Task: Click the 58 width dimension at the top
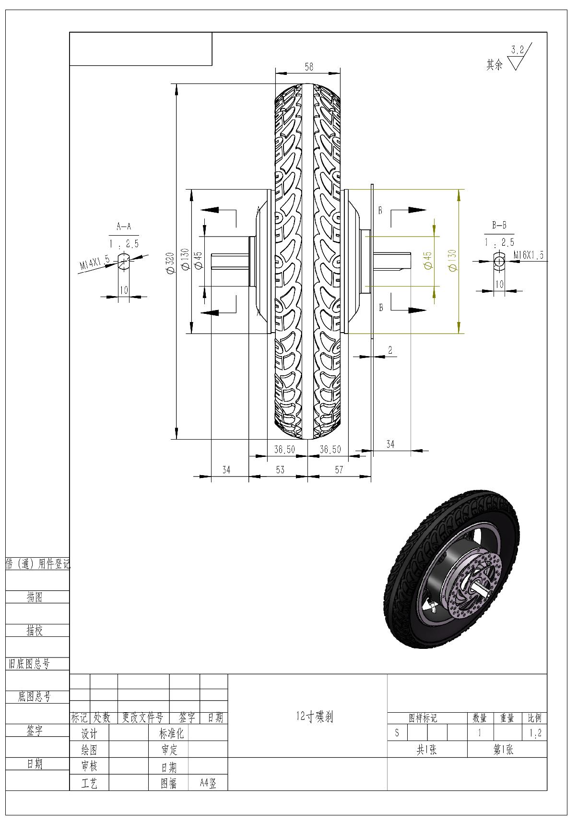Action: [x=308, y=67]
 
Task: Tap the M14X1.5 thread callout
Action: [x=95, y=264]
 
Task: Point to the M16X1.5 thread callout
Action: [x=529, y=255]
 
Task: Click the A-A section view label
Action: [x=124, y=227]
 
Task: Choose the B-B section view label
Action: [x=499, y=225]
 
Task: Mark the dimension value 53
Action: [x=280, y=469]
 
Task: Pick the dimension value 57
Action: [x=339, y=469]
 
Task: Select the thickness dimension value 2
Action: [x=390, y=350]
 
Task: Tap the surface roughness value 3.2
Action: [x=518, y=49]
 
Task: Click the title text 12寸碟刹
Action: [x=315, y=717]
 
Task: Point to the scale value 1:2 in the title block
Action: [x=535, y=733]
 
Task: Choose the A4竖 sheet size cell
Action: [x=208, y=784]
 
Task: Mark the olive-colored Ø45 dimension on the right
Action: [x=428, y=260]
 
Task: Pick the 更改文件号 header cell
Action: [x=142, y=718]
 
